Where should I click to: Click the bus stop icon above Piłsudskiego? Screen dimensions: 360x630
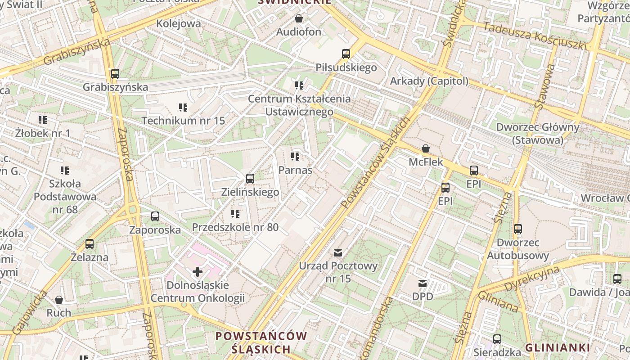346,54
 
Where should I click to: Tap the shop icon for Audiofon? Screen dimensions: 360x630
298,18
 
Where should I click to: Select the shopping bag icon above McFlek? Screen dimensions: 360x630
425,148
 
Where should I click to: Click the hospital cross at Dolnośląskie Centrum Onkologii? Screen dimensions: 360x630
197,271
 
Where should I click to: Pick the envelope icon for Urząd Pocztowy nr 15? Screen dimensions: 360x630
338,252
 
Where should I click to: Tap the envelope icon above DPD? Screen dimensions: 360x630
422,283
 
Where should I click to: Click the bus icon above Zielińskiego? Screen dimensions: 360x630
250,179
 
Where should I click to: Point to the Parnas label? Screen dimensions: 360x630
295,170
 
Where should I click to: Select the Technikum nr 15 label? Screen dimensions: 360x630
183,121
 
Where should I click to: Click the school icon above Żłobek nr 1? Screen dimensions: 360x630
43,120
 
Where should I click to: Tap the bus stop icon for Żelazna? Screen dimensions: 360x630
90,244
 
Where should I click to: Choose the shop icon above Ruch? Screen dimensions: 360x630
59,300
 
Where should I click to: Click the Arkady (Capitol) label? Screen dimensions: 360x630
429,81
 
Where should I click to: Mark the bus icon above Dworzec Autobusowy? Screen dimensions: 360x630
518,229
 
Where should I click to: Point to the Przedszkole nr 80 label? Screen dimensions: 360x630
235,227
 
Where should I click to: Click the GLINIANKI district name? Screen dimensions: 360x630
557,347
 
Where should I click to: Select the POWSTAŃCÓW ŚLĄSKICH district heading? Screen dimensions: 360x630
261,342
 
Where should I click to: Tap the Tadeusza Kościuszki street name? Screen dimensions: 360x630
535,36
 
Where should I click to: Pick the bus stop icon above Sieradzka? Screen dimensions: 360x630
497,339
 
